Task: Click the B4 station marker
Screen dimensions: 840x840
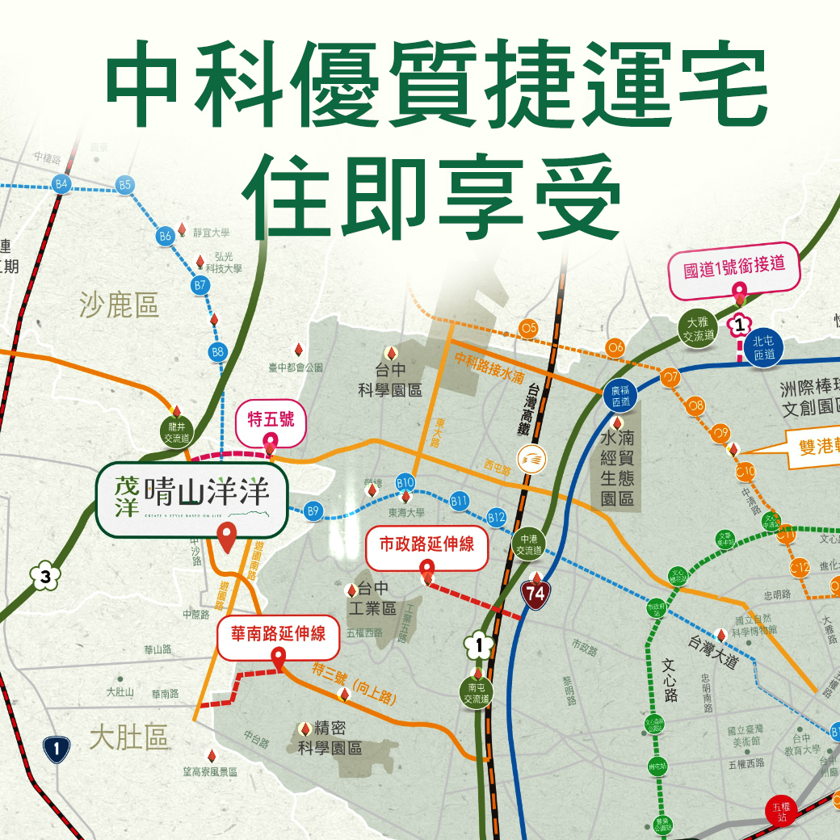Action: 61,184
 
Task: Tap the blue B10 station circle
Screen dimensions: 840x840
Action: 405,483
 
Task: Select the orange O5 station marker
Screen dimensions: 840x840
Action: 529,328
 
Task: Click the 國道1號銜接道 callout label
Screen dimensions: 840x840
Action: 734,266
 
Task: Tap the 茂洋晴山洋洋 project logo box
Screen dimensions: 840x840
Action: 192,499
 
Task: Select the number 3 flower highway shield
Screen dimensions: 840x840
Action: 45,577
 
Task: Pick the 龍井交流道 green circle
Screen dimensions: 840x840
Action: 174,433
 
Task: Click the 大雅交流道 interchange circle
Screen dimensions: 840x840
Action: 697,330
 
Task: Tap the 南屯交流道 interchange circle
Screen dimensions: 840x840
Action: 477,693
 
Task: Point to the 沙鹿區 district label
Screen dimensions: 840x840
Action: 120,305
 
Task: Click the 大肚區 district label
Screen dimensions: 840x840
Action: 128,737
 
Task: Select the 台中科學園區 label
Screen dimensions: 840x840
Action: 391,382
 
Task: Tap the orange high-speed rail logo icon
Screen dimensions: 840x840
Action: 533,459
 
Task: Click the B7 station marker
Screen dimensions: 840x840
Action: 200,285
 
